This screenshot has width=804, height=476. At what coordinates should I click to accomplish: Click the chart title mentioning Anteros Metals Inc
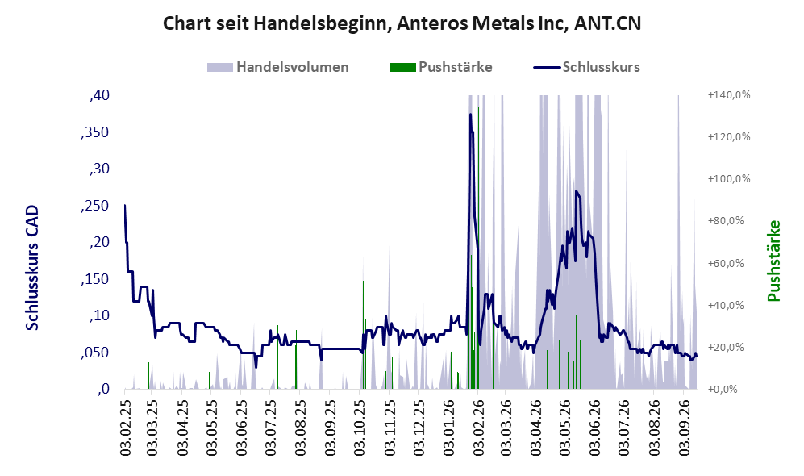pos(402,23)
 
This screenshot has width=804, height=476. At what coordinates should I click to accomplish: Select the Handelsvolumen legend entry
pos(278,67)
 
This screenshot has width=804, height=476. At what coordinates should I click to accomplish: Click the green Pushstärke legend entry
pos(441,67)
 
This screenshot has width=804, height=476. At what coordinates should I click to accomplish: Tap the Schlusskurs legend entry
pos(586,67)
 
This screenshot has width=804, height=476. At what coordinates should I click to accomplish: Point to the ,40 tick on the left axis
pos(99,95)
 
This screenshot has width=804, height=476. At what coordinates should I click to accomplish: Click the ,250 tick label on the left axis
pos(95,205)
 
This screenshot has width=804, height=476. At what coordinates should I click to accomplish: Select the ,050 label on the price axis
pos(95,353)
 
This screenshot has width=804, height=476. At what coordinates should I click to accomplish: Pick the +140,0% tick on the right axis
pos(729,95)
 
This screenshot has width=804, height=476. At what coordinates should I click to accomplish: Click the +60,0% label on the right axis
pos(729,263)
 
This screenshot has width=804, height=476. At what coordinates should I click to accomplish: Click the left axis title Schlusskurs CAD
pos(32,268)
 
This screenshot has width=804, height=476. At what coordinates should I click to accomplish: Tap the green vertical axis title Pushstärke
pos(773,261)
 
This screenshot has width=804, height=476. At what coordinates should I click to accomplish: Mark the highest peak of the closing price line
pos(470,114)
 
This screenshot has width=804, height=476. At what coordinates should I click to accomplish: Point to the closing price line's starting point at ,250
pos(125,205)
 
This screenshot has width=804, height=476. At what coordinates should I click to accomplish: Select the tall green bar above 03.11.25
pos(390,315)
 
